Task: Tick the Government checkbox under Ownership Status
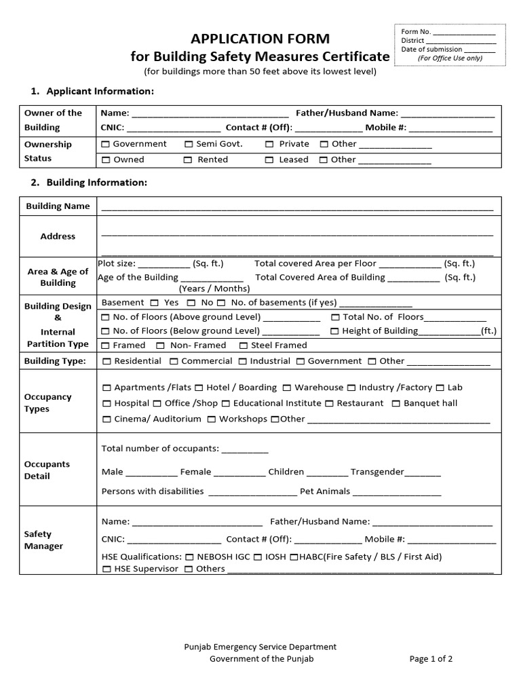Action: coord(105,145)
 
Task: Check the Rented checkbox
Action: coord(187,160)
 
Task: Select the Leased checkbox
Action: coord(269,160)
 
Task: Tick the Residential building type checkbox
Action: coord(107,362)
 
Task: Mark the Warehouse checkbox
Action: coord(287,388)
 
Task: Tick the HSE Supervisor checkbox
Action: coord(107,569)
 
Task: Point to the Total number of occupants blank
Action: coord(245,451)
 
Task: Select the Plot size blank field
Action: coord(164,265)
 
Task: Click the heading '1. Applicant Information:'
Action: coord(92,91)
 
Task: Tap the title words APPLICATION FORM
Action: coord(260,39)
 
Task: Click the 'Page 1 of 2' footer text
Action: coord(431,658)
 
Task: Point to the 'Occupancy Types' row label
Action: coord(47,402)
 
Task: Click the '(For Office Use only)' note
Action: coord(450,58)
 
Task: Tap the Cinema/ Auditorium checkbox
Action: coord(107,419)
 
